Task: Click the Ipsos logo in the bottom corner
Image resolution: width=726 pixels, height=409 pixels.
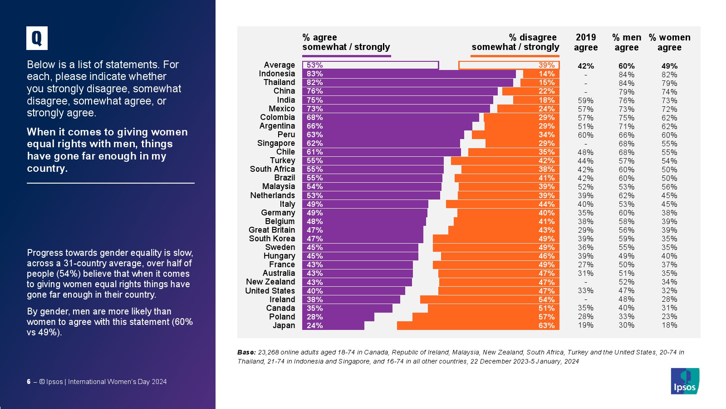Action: coord(685,381)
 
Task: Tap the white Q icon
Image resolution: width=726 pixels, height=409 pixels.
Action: coord(37,38)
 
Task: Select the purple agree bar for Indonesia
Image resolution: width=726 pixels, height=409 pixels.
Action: coord(408,74)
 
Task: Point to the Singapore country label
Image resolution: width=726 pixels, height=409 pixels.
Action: coord(276,143)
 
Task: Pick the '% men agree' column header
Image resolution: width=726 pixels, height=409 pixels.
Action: coord(627,42)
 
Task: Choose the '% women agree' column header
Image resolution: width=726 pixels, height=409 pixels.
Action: coord(669,42)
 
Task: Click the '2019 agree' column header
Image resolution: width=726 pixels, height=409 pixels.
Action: coord(586,42)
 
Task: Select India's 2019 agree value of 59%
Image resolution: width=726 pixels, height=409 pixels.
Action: coord(586,100)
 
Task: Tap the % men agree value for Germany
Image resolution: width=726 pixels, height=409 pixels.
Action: coord(627,213)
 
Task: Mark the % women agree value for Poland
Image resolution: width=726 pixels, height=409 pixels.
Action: coord(669,317)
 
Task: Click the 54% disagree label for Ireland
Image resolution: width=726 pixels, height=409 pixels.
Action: coord(546,299)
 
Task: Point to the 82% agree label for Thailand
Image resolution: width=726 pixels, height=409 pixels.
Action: coord(314,82)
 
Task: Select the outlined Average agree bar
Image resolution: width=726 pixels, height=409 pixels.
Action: coord(370,65)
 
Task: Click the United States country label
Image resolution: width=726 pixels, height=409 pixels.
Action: coord(270,291)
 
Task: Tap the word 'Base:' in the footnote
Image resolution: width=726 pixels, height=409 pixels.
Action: coord(246,352)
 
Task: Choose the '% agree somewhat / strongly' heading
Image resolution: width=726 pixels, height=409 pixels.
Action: coord(346,42)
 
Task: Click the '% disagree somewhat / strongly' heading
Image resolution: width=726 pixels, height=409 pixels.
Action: coord(515,42)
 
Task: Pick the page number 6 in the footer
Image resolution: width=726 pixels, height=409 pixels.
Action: coord(29,382)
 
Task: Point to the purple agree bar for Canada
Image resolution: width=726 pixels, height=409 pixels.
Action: coord(347,308)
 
